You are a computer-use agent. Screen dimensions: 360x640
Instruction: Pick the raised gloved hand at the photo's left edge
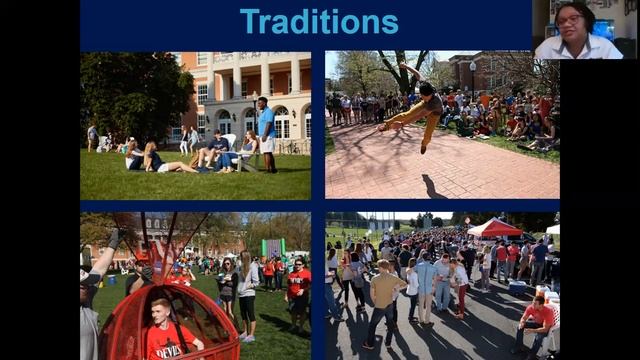tap(112, 241)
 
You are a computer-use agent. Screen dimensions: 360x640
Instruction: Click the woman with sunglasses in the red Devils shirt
tap(298, 291)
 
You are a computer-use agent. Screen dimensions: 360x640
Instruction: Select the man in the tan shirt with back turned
tap(384, 300)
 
